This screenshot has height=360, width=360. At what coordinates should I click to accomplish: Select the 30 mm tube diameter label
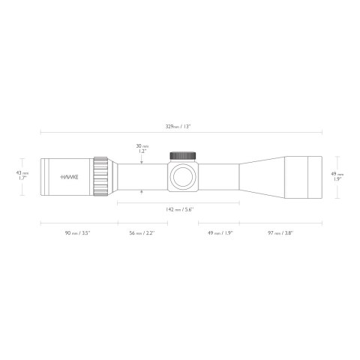(141, 148)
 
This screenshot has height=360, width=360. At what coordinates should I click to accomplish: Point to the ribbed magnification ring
(100, 178)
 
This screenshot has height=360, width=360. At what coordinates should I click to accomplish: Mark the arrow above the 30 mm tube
(142, 160)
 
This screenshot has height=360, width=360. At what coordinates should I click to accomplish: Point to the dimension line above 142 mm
(179, 200)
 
